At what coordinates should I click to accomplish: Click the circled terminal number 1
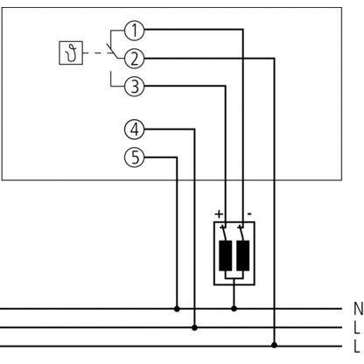[x=134, y=31]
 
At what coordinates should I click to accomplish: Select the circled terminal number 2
[x=134, y=59]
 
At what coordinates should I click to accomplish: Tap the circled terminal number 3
[x=134, y=87]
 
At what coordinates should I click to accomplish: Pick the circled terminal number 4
[x=134, y=129]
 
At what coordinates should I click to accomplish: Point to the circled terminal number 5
[x=134, y=157]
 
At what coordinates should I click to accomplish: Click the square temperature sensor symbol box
[x=71, y=52]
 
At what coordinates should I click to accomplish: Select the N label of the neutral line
[x=358, y=308]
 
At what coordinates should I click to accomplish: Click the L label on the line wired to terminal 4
[x=357, y=327]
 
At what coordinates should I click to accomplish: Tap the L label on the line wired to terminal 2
[x=357, y=346]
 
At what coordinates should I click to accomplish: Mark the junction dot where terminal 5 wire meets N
[x=177, y=309]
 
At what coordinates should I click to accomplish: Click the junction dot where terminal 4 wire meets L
[x=194, y=327]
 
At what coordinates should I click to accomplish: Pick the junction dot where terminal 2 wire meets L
[x=274, y=346]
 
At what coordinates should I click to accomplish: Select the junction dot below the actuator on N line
[x=234, y=309]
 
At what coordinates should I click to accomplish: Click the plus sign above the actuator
[x=219, y=214]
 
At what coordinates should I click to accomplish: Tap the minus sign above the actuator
[x=249, y=214]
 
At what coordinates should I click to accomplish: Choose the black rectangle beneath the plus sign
[x=226, y=255]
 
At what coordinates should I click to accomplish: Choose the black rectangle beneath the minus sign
[x=243, y=255]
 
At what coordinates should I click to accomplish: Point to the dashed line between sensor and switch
[x=96, y=53]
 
